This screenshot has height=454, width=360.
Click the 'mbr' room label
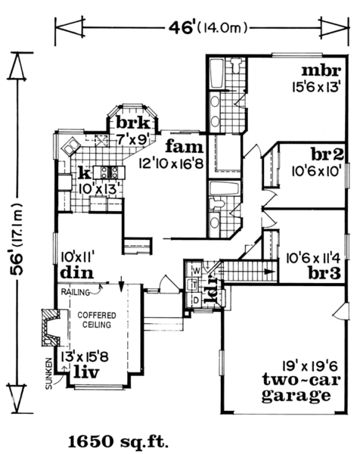tap(321, 71)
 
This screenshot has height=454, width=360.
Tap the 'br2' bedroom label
tap(327, 154)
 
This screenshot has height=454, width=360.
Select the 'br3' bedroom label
tap(324, 273)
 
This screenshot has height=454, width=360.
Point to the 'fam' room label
tap(185, 147)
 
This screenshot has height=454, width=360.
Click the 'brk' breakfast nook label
tap(133, 123)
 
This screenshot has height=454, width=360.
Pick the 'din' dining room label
tap(77, 272)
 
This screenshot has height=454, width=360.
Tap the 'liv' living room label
tap(86, 372)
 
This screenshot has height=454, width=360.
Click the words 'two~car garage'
tap(301, 388)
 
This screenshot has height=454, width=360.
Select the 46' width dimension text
tap(209, 28)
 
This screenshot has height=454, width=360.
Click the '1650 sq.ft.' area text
tap(118, 443)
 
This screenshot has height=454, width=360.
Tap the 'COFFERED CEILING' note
tap(97, 320)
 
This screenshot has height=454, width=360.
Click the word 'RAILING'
tap(75, 292)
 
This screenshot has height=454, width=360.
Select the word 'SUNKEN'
tap(49, 374)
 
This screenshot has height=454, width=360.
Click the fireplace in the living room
tap(51, 328)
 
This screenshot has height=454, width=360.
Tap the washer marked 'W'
tap(197, 271)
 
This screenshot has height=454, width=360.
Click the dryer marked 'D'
tap(196, 300)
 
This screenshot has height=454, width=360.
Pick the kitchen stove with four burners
tap(110, 173)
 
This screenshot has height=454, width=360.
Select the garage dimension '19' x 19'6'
tap(310, 366)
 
